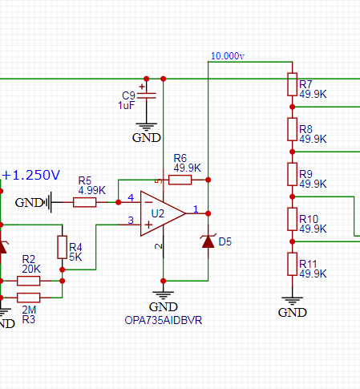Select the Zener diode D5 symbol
tap(208, 241)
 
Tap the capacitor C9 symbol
tap(146, 95)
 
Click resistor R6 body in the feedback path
tap(180, 180)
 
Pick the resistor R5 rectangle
tap(84, 202)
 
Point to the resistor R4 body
tap(63, 247)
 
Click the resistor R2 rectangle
tap(29, 281)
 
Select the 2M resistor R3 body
tap(29, 298)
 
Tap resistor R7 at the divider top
tap(293, 84)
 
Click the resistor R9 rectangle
tap(293, 174)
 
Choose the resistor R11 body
tap(293, 264)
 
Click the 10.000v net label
tap(228, 56)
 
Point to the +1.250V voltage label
tap(31, 175)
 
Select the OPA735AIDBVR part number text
tap(164, 320)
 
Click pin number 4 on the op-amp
tap(131, 198)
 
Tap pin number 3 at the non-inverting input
tap(131, 221)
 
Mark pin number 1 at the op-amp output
tap(196, 209)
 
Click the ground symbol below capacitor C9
tap(146, 127)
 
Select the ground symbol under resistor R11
tap(293, 301)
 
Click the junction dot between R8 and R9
tap(293, 152)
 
